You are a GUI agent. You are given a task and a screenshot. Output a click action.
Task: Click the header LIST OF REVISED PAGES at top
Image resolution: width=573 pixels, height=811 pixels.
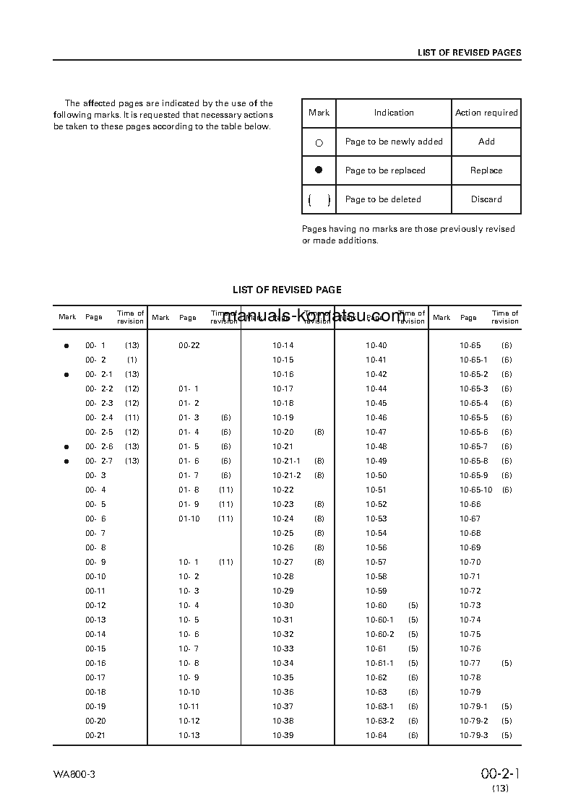click(469, 53)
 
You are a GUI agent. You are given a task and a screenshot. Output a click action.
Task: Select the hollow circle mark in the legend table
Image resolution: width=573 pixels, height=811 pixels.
click(319, 143)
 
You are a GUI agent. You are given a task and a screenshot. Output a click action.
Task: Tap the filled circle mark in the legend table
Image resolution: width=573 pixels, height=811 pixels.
click(319, 170)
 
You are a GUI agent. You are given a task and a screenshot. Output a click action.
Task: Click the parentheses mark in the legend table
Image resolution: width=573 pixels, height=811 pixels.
click(319, 200)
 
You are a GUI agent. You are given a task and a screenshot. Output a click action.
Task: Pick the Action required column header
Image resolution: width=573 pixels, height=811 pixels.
click(486, 113)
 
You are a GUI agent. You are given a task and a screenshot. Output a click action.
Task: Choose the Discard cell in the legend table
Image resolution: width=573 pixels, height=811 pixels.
click(486, 199)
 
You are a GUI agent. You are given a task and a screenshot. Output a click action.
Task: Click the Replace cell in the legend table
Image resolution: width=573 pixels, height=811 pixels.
click(486, 170)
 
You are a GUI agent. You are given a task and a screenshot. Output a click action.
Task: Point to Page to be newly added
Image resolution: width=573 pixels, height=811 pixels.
click(394, 142)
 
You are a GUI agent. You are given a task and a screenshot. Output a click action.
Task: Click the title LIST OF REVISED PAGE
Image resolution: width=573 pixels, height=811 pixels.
click(287, 290)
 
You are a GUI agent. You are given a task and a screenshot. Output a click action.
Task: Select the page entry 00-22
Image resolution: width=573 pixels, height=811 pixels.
click(189, 345)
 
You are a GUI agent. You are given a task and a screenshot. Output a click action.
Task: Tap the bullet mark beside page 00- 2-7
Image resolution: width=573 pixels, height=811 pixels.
click(66, 461)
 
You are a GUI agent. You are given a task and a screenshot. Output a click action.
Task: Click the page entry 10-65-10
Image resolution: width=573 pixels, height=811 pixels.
click(475, 490)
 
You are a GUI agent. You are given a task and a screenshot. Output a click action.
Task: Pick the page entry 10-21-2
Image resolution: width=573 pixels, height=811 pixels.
click(286, 475)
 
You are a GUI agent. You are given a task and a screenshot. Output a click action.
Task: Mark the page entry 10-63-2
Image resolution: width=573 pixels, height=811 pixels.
click(379, 721)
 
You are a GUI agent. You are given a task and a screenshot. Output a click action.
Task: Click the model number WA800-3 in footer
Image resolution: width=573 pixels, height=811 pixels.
click(74, 774)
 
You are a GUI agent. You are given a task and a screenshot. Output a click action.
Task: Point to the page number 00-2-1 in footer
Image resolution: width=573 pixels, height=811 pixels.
click(501, 774)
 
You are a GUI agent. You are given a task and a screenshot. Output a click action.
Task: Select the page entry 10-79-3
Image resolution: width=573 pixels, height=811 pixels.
click(473, 735)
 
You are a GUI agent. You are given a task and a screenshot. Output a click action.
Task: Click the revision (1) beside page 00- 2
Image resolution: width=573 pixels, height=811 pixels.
click(132, 360)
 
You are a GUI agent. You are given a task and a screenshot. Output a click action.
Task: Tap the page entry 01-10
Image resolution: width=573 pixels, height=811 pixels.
click(189, 519)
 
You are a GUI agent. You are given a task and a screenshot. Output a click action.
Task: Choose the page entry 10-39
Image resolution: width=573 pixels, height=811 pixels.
click(283, 735)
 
